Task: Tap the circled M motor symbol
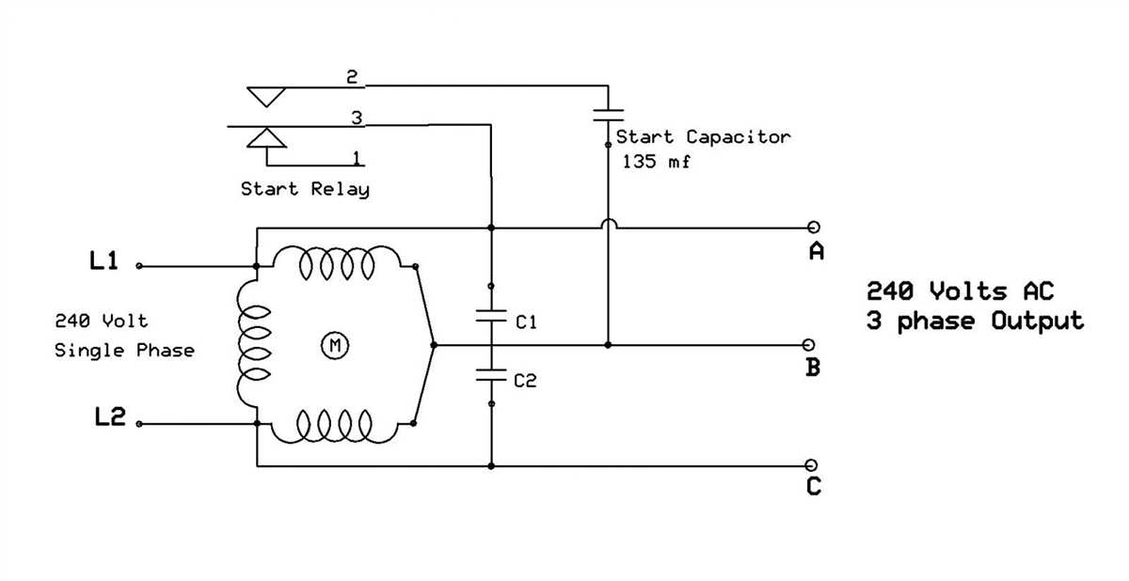(x=334, y=346)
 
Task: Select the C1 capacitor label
(x=526, y=322)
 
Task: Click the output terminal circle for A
(x=813, y=227)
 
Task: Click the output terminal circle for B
(x=812, y=345)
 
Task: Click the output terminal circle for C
(x=812, y=465)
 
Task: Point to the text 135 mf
(x=656, y=161)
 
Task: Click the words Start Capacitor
(x=704, y=137)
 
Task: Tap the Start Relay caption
(x=305, y=189)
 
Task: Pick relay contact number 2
(x=352, y=77)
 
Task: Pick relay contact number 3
(x=356, y=118)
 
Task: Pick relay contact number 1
(x=356, y=156)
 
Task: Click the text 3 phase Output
(x=975, y=321)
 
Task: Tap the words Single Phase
(x=124, y=351)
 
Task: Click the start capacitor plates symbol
(x=608, y=114)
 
